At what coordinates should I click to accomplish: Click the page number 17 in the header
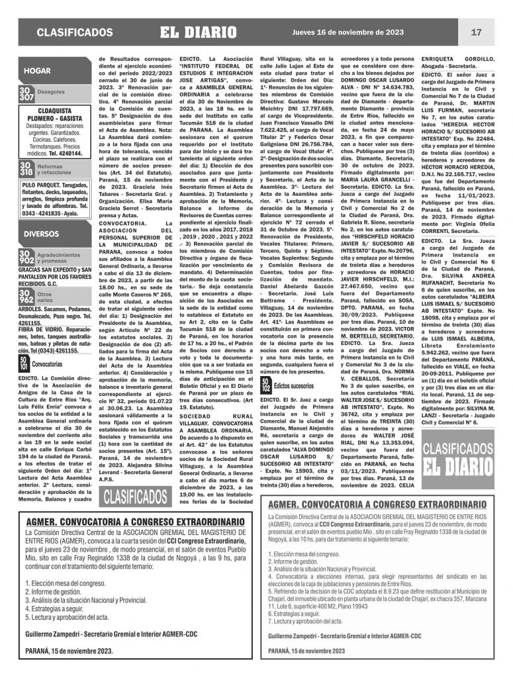476,32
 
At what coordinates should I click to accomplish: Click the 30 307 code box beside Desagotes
27,93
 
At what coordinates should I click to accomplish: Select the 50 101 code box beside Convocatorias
24,363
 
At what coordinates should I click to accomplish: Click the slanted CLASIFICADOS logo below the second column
136,497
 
